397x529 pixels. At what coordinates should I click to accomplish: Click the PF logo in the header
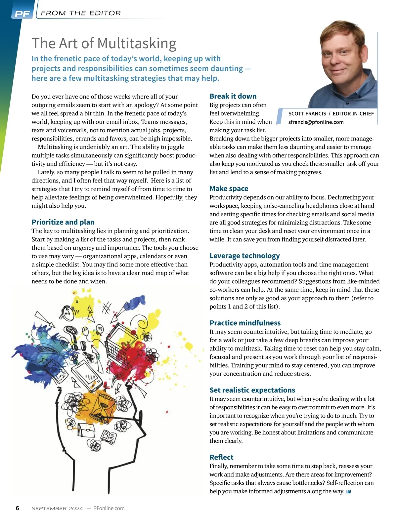click(x=22, y=14)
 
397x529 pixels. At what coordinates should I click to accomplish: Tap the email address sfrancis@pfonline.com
click(x=316, y=122)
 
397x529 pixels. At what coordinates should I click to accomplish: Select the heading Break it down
click(x=233, y=96)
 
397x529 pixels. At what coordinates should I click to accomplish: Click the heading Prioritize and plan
click(x=63, y=222)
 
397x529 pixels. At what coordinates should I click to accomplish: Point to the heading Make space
click(x=229, y=188)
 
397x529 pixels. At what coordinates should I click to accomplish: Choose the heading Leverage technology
click(x=244, y=256)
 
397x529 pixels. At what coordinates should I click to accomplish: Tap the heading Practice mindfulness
click(x=245, y=323)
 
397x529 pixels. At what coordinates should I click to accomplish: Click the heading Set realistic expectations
click(x=252, y=390)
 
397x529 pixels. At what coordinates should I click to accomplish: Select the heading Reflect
click(x=221, y=457)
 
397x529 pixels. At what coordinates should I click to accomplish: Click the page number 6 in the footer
click(x=18, y=508)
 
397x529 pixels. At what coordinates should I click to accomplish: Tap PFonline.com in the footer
click(x=109, y=509)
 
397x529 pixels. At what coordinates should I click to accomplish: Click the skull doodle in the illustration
click(x=99, y=329)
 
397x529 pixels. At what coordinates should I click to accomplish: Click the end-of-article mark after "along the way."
click(x=348, y=492)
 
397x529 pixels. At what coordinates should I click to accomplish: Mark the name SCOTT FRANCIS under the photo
click(x=307, y=114)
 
